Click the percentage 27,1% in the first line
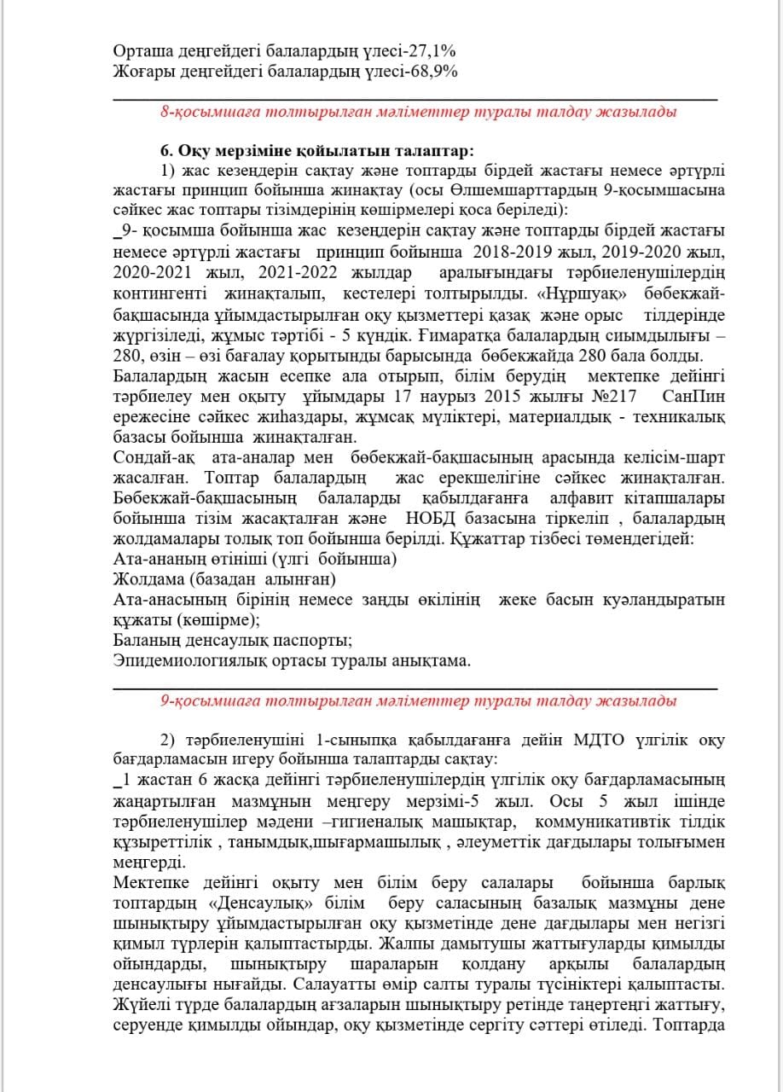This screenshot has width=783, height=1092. tap(432, 51)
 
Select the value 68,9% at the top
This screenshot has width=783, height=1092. tap(432, 72)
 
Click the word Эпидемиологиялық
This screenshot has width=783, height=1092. tap(179, 660)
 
